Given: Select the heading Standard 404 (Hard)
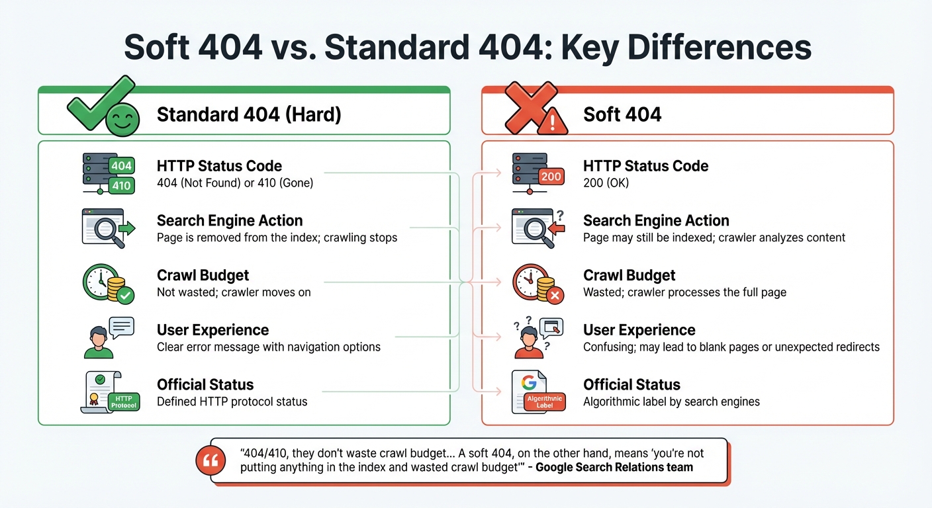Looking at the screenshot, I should click(x=249, y=114).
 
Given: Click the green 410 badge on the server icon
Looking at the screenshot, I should click(x=121, y=186).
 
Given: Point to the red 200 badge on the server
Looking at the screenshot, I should click(x=551, y=177).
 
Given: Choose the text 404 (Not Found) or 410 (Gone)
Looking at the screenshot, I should click(x=235, y=183).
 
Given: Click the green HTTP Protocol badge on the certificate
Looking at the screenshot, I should click(x=124, y=401).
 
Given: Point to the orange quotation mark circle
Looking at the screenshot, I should click(x=211, y=461).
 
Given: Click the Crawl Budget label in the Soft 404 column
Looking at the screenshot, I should click(x=629, y=275).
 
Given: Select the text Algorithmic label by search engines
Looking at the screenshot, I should click(x=671, y=402).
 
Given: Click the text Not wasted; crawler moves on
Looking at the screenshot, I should click(x=234, y=292).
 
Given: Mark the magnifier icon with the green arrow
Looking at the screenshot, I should click(x=108, y=228).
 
